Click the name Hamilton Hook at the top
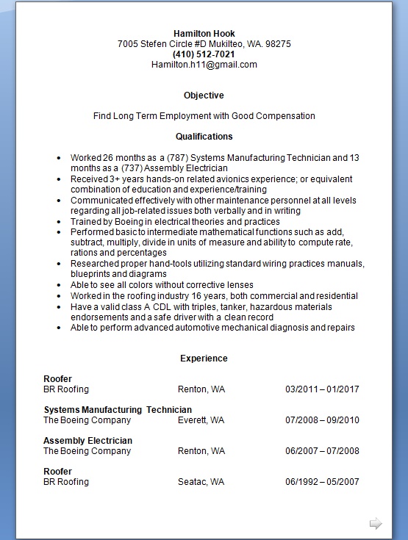click(x=204, y=33)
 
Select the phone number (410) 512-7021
click(x=204, y=54)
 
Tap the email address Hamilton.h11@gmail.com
click(x=204, y=65)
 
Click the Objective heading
click(x=204, y=96)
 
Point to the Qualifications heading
click(x=204, y=137)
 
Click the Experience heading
click(x=204, y=359)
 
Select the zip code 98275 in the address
click(x=278, y=43)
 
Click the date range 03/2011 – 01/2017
click(x=322, y=389)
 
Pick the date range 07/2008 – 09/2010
click(x=322, y=420)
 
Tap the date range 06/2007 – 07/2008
click(x=322, y=451)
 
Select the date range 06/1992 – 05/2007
click(x=322, y=482)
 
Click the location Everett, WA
click(x=201, y=420)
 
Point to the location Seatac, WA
click(x=201, y=482)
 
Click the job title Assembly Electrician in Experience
click(x=87, y=441)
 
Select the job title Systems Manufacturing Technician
click(x=118, y=410)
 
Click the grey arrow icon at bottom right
click(x=376, y=523)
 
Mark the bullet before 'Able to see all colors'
click(x=58, y=286)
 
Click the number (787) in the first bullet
click(x=179, y=158)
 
